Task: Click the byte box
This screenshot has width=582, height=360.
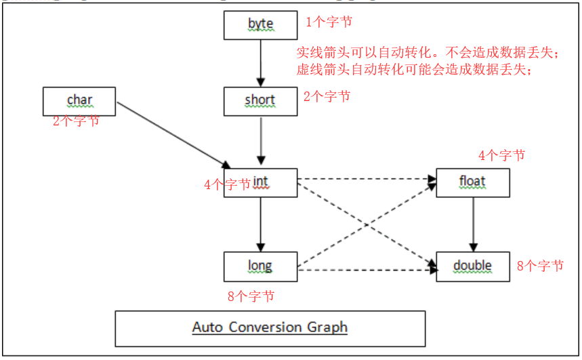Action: (260, 24)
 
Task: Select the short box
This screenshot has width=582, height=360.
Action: (260, 100)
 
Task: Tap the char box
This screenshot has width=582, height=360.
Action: (79, 100)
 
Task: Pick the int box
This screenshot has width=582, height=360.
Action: (260, 182)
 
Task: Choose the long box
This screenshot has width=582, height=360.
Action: (260, 266)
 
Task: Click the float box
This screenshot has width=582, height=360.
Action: (472, 182)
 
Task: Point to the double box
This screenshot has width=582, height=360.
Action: (472, 266)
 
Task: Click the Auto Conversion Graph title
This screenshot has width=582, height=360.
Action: (270, 327)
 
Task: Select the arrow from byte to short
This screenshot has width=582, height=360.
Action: (260, 62)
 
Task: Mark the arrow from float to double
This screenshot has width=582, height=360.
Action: (472, 224)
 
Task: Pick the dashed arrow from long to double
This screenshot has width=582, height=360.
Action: (366, 270)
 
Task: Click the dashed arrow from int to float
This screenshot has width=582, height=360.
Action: (366, 180)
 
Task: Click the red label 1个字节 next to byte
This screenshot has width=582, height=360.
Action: (329, 22)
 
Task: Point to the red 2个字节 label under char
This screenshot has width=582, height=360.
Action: (76, 122)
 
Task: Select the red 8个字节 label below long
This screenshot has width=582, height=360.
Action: (251, 296)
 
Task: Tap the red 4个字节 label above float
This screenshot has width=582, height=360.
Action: (501, 155)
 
